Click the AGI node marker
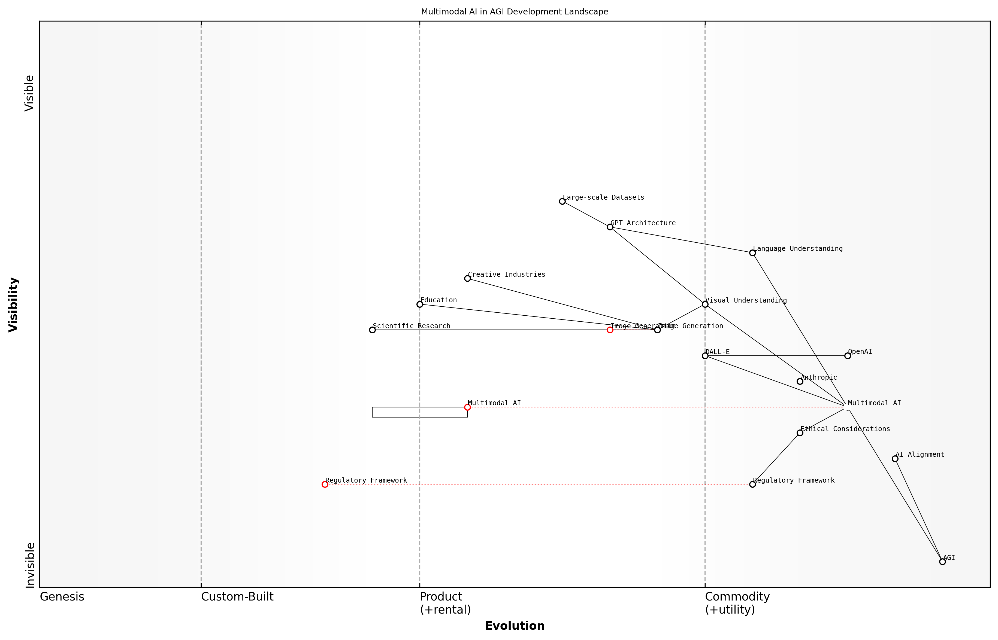[x=942, y=562]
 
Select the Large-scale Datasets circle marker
[x=562, y=201]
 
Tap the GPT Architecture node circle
[x=610, y=227]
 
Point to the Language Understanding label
[x=798, y=249]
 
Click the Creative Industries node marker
[x=467, y=278]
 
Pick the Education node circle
[x=420, y=304]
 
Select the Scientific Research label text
[x=411, y=326]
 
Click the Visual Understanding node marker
[x=705, y=304]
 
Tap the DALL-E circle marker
[x=705, y=356]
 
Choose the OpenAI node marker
[x=848, y=356]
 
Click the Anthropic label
[x=818, y=377]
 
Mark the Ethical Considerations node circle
[x=800, y=433]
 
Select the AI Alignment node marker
[x=895, y=459]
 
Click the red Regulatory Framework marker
[x=325, y=484]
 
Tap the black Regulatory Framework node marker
[x=752, y=484]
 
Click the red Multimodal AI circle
[x=467, y=407]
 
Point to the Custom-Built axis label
[x=237, y=597]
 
